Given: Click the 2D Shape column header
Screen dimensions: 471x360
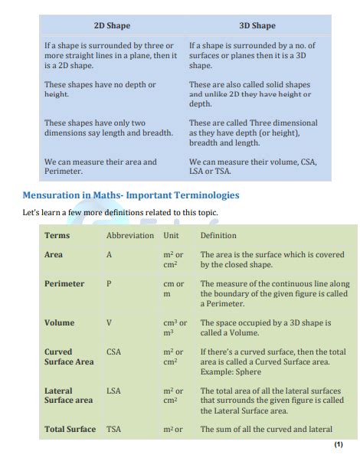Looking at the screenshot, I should point(112,25).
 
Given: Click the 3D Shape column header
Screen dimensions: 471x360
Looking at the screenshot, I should point(258,25).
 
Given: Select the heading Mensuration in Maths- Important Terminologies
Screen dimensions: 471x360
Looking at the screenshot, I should point(131,195).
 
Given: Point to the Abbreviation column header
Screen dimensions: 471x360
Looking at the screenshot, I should point(130,235).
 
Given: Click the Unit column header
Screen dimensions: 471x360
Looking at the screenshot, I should point(171,235).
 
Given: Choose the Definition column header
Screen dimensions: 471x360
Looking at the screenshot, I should point(218,235).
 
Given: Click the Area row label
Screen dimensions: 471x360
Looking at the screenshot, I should point(54,254).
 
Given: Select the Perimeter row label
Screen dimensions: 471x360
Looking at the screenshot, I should point(64,283).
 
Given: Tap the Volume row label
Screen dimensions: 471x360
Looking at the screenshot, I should point(59,322).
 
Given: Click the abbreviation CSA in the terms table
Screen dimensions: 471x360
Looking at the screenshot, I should point(113,352).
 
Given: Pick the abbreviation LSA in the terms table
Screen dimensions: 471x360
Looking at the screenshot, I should point(113,391).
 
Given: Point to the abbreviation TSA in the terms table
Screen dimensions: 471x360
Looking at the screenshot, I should point(113,430).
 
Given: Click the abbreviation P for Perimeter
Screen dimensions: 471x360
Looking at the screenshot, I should point(109,283).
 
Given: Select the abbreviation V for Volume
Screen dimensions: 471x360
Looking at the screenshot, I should point(109,322).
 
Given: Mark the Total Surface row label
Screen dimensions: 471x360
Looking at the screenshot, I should point(70,430).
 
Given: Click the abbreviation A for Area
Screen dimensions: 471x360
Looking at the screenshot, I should point(109,254).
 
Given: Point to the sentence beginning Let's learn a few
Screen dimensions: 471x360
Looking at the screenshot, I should point(121,212).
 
